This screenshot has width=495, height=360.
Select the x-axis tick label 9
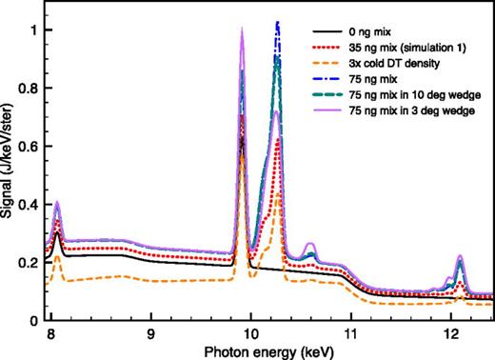[150, 334]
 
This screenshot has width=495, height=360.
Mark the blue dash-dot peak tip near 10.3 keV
[277, 22]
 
